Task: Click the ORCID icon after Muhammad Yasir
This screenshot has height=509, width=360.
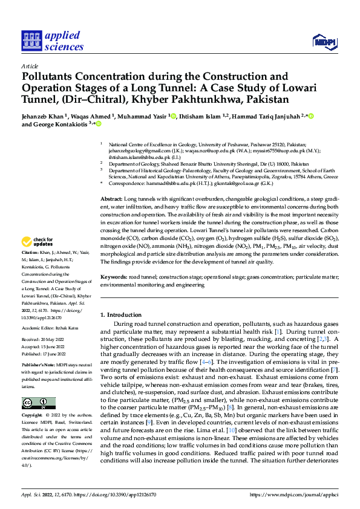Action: click(173, 115)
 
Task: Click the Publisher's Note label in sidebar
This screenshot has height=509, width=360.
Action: click(38, 366)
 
